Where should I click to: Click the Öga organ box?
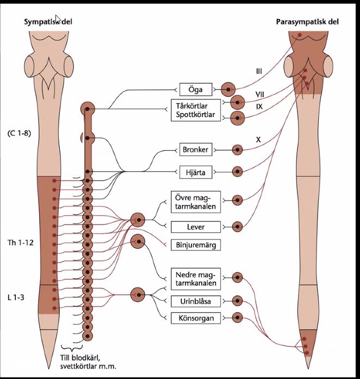tap(199, 89)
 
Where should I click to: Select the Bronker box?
tap(195, 148)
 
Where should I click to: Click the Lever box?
tap(195, 226)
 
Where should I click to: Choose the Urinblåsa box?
tap(195, 301)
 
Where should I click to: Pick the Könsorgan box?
tap(195, 318)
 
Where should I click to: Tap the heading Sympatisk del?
tap(48, 22)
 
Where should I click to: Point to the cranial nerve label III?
tap(259, 71)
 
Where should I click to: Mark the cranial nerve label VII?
tap(260, 95)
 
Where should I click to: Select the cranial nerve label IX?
tap(260, 107)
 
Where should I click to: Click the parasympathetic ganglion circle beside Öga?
tap(228, 89)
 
